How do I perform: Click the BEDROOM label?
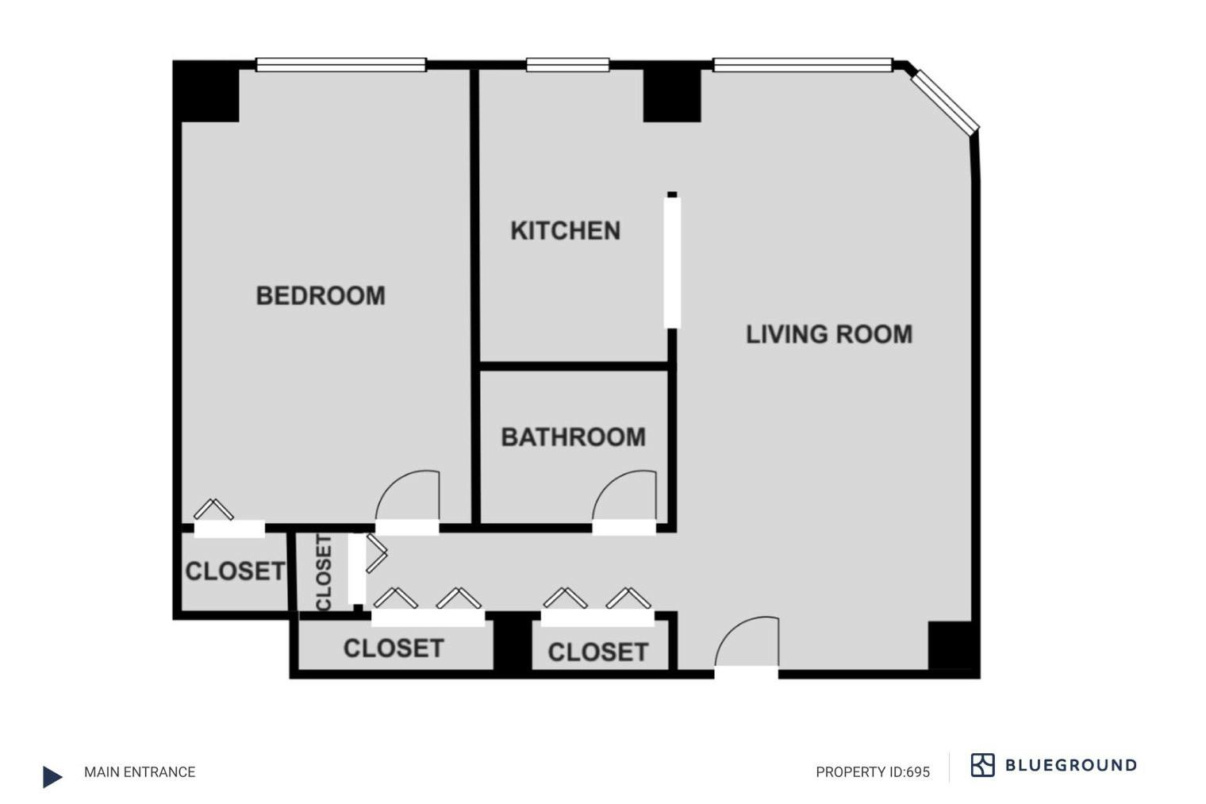pyautogui.click(x=321, y=295)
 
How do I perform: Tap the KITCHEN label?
pyautogui.click(x=565, y=231)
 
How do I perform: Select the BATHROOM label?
pyautogui.click(x=574, y=437)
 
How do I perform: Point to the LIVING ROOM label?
pyautogui.click(x=829, y=334)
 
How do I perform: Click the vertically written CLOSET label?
pyautogui.click(x=324, y=573)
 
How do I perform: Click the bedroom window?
pyautogui.click(x=341, y=64)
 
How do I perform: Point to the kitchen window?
pyautogui.click(x=567, y=64)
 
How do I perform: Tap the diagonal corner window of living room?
pyautogui.click(x=945, y=102)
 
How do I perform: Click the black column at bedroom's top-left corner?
pyautogui.click(x=205, y=91)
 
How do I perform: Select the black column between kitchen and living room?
pyautogui.click(x=672, y=95)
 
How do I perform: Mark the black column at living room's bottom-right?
pyautogui.click(x=951, y=646)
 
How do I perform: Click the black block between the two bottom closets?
pyautogui.click(x=513, y=641)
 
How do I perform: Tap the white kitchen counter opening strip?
pyautogui.click(x=672, y=263)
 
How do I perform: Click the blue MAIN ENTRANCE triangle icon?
pyautogui.click(x=52, y=776)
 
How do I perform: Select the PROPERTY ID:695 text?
pyautogui.click(x=873, y=772)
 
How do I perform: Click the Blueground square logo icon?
pyautogui.click(x=982, y=765)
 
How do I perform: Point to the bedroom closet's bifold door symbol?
pyautogui.click(x=213, y=509)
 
